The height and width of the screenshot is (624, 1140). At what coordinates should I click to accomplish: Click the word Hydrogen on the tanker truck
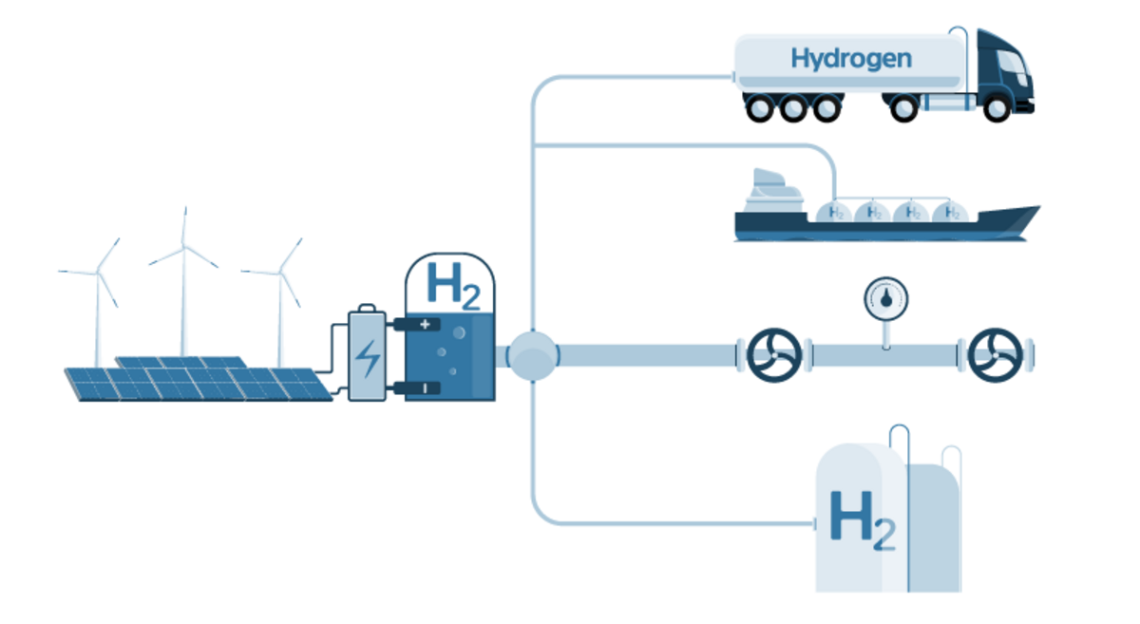850,59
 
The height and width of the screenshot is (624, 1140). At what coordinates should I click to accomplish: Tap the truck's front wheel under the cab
996,107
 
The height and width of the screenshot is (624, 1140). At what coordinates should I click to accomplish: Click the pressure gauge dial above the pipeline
885,299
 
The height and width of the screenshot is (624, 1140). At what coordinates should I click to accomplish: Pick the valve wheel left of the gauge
774,355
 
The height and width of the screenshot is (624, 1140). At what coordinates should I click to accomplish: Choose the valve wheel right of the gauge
994,355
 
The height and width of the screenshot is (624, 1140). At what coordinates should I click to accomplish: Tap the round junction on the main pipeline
533,356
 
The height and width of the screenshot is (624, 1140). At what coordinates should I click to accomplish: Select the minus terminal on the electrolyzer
424,388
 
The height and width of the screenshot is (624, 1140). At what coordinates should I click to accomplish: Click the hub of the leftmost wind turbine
96,273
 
